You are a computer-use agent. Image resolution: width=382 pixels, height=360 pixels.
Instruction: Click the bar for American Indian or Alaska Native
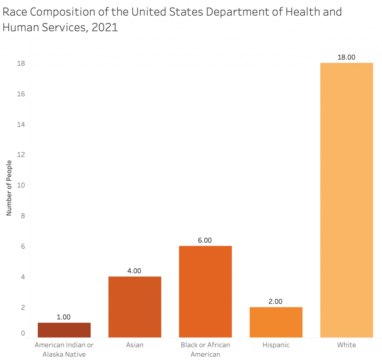coord(64,330)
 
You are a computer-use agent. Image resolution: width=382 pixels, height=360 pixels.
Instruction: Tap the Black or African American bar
coord(205,292)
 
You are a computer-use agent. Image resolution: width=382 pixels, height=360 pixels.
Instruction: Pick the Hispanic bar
coord(276,322)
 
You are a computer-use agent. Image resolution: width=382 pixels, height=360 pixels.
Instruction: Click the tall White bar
coord(347,200)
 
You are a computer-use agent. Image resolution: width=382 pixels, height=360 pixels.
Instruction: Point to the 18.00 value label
coord(347,57)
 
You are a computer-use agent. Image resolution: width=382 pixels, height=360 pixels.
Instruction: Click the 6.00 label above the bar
coord(205,240)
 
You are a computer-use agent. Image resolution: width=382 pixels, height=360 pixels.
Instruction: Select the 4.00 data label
coord(134,271)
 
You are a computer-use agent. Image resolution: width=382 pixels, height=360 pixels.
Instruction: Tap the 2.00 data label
coord(276,301)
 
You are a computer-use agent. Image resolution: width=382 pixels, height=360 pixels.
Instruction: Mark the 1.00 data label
coord(64,317)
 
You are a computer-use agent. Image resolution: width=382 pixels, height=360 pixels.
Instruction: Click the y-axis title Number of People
coord(9,187)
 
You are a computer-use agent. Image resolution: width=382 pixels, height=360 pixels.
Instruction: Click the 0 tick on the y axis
coord(23,333)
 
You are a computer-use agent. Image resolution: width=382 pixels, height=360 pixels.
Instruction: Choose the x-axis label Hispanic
coord(276,345)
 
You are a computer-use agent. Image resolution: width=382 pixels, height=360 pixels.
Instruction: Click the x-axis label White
coord(347,345)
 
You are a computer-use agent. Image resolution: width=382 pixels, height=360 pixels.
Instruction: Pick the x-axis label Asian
coord(134,345)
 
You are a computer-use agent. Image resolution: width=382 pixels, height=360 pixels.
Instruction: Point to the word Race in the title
coord(15,12)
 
